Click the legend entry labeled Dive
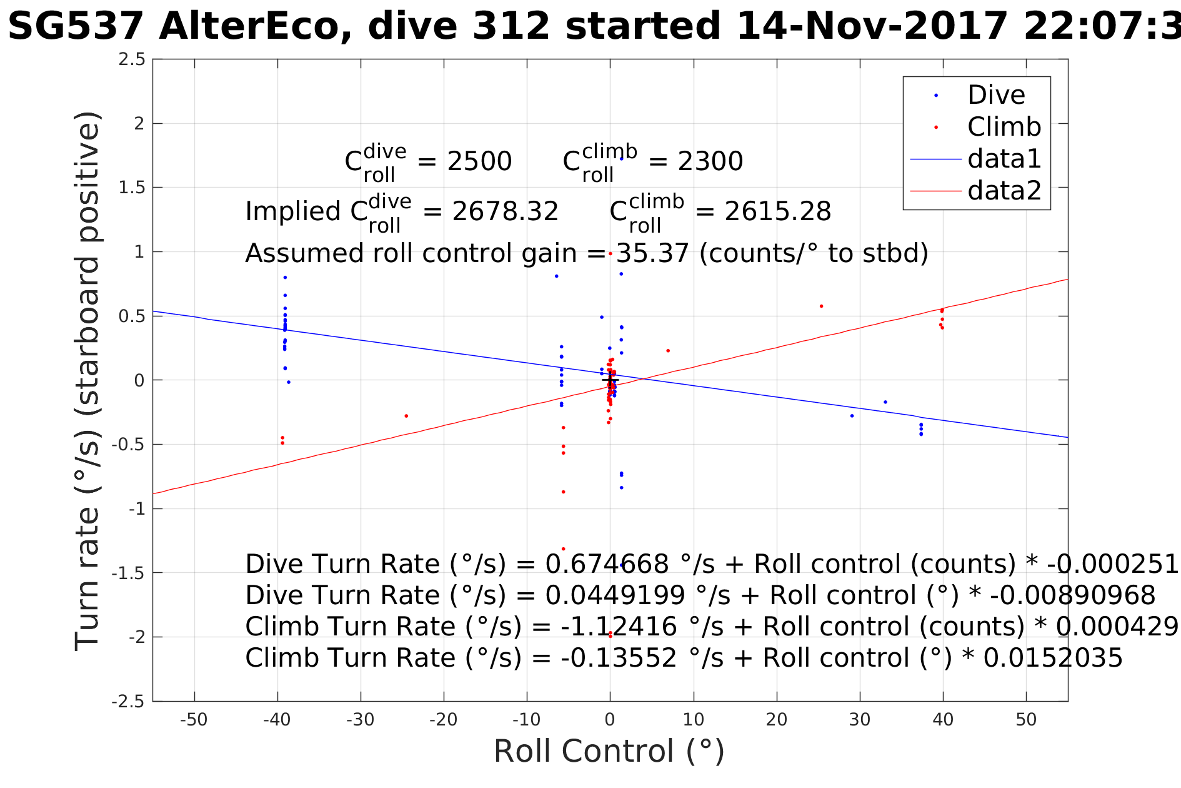996,95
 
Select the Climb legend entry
1004,127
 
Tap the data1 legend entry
1004,159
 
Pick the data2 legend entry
1004,190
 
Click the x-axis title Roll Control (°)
609,751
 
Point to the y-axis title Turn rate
87,381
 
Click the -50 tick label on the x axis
194,720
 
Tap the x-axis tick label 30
860,720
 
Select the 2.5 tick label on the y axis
132,59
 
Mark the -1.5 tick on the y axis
128,573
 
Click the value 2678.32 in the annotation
505,212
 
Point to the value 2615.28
777,212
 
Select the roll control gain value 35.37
652,253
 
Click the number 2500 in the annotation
479,162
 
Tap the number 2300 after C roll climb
710,162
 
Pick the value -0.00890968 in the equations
1073,595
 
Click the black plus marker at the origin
610,380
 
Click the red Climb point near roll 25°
821,306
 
